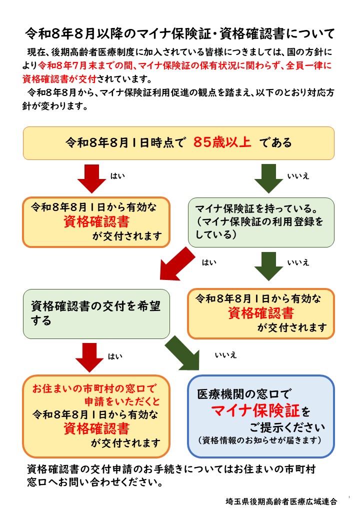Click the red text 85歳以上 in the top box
[x=222, y=142]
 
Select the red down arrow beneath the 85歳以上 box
[x=91, y=177]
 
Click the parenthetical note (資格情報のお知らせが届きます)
[x=260, y=440]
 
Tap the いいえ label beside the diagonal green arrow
[x=225, y=355]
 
